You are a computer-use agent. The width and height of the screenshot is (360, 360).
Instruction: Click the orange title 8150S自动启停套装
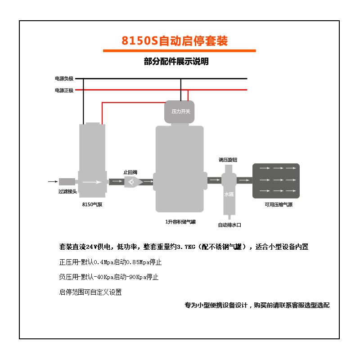pos(175,41)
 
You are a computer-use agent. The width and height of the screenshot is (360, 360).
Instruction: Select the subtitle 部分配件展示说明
pos(176,62)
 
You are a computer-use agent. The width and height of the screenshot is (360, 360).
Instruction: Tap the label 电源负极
pos(64,79)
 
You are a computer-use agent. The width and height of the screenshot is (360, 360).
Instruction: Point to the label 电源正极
pos(64,90)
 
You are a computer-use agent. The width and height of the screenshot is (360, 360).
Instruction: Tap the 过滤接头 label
pos(67,191)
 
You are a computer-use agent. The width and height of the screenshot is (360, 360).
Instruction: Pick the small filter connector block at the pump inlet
pos(67,182)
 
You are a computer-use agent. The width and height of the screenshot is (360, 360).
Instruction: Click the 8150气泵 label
pos(92,205)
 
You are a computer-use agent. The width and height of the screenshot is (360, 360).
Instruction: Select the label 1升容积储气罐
pos(180,221)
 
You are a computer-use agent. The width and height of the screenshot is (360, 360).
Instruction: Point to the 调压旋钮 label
pos(228,160)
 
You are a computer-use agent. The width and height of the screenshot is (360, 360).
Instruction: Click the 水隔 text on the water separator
pos(229,194)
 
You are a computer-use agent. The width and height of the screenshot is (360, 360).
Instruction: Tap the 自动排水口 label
pos(229,225)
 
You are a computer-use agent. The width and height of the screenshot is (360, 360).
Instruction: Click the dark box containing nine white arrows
pos(276,181)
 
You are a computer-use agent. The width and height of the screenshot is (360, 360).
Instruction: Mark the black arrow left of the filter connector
pos(53,182)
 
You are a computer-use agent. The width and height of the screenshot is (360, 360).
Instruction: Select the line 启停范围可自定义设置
pos(90,292)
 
